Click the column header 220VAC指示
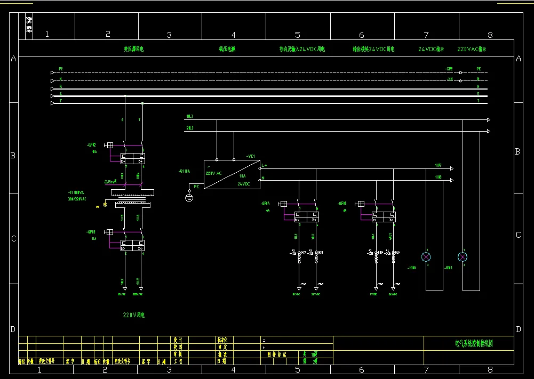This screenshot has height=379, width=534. point(472,49)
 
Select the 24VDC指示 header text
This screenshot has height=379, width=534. point(431,49)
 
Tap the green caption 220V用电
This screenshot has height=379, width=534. point(134,315)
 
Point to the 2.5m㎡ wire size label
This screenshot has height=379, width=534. point(110,181)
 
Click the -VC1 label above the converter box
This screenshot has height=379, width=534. point(250,156)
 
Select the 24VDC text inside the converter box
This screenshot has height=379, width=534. point(245,183)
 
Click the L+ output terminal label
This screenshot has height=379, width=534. point(264,165)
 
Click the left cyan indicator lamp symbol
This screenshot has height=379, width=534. point(426,257)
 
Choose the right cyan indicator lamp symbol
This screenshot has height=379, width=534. point(463,257)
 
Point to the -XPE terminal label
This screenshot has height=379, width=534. point(449,69)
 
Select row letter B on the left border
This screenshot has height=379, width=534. point(13,156)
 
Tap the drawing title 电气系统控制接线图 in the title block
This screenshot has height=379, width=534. point(474,344)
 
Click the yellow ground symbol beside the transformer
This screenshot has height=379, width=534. point(105,204)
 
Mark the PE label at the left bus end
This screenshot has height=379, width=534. point(61,69)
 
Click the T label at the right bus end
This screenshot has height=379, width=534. point(478,100)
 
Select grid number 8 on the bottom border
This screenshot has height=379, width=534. point(490,369)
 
